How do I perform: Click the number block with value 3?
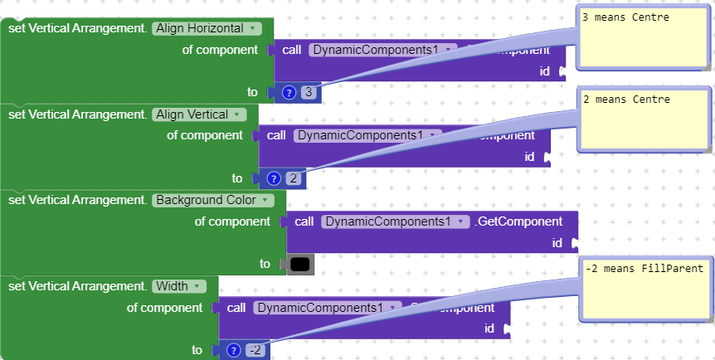[309, 93]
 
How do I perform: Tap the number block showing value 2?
[294, 178]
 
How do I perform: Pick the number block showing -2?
[255, 350]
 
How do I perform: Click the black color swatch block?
[300, 265]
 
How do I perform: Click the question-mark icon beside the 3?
[289, 93]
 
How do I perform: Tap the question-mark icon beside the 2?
[275, 178]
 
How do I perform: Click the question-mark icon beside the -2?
[235, 350]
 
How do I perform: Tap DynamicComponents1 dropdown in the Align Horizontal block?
[377, 50]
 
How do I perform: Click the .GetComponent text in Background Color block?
[518, 221]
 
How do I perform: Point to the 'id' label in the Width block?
[489, 328]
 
